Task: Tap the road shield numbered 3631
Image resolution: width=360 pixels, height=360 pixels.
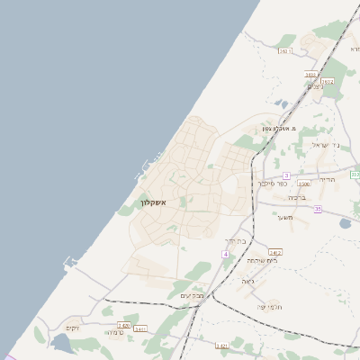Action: pos(285,51)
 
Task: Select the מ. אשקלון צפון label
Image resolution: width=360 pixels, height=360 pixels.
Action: pos(280,128)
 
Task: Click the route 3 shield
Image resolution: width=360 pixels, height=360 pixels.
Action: pos(286,175)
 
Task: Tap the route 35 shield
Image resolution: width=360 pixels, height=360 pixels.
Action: pos(318,209)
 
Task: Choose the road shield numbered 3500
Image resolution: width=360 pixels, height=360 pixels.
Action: pos(303,183)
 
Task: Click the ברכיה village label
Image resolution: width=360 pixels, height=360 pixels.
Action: pos(298,196)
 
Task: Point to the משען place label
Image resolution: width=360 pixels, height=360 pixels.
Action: pos(285,217)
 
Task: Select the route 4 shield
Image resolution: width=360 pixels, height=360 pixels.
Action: pos(225,256)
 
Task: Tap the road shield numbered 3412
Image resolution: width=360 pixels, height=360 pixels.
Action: pos(274,253)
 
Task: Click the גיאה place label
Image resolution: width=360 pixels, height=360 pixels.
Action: pos(248,280)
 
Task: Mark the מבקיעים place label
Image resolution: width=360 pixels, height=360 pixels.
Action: pos(193,295)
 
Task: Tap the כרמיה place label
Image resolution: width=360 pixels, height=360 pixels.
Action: pos(114,332)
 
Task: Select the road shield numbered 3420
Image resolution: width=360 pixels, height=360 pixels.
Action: pos(123,326)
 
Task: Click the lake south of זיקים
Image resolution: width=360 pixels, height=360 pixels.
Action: pos(63,343)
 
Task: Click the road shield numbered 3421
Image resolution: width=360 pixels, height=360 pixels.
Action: pos(221,345)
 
